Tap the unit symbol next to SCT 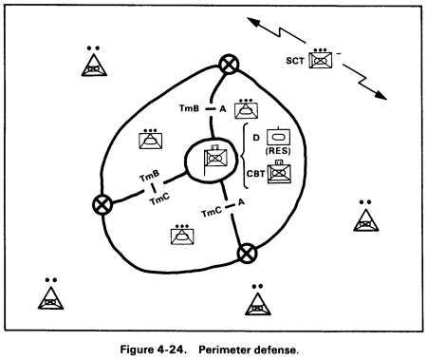[324, 62]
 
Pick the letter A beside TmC [241, 203]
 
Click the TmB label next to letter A [190, 110]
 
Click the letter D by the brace [257, 137]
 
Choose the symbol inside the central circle [215, 157]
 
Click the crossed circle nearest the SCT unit [229, 64]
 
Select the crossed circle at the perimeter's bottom [247, 252]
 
